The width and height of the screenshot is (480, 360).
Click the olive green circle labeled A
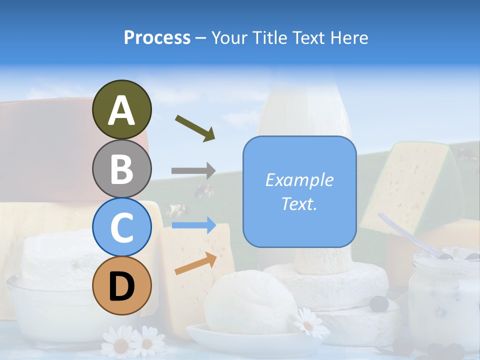coord(121,110)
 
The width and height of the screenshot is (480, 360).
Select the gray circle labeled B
coord(121,168)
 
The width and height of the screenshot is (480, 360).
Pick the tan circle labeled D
coord(121,285)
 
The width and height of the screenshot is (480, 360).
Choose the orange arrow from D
coord(195,263)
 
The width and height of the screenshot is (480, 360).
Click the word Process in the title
coord(157,37)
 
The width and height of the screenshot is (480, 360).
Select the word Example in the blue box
coord(299,180)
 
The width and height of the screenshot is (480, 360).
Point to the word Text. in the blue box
coord(299,203)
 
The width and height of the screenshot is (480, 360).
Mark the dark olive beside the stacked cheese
coord(380,303)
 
